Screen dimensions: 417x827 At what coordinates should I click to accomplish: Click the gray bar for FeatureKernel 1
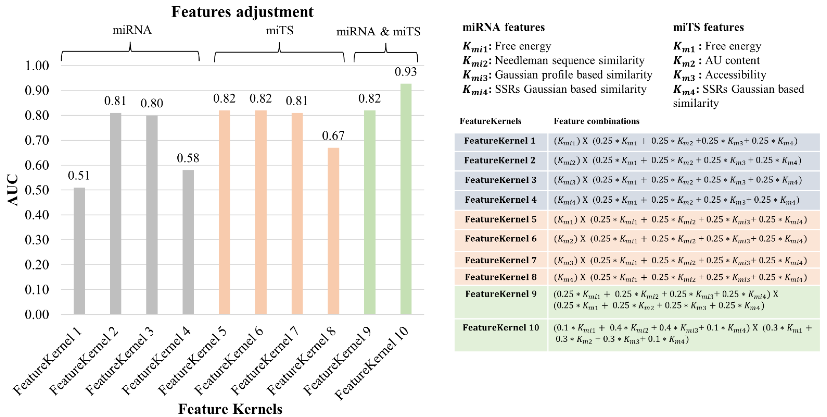tap(79, 250)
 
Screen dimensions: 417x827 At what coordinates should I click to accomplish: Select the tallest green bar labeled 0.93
tap(406, 199)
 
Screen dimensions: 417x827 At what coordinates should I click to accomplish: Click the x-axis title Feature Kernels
tap(230, 409)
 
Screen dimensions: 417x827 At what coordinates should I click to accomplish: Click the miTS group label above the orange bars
tap(280, 30)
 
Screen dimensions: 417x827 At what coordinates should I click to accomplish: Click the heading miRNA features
tap(503, 27)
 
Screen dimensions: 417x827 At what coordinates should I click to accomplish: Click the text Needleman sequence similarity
tap(570, 60)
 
